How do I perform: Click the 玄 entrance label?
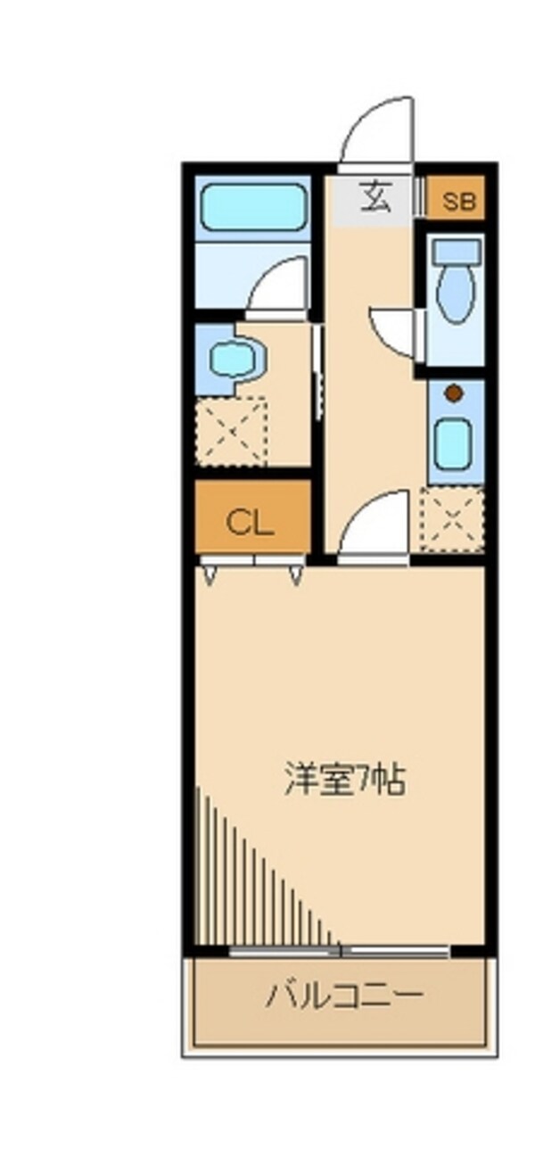coord(374,198)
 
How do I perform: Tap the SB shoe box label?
coord(459,202)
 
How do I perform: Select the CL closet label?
coord(250,523)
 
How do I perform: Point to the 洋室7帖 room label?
coord(345,780)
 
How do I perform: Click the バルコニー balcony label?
coord(344,995)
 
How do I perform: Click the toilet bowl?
coord(456,294)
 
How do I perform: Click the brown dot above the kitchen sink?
coord(453,393)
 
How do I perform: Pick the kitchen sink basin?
coord(453,443)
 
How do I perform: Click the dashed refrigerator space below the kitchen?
coord(453,519)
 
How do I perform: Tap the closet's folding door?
coord(253,568)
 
